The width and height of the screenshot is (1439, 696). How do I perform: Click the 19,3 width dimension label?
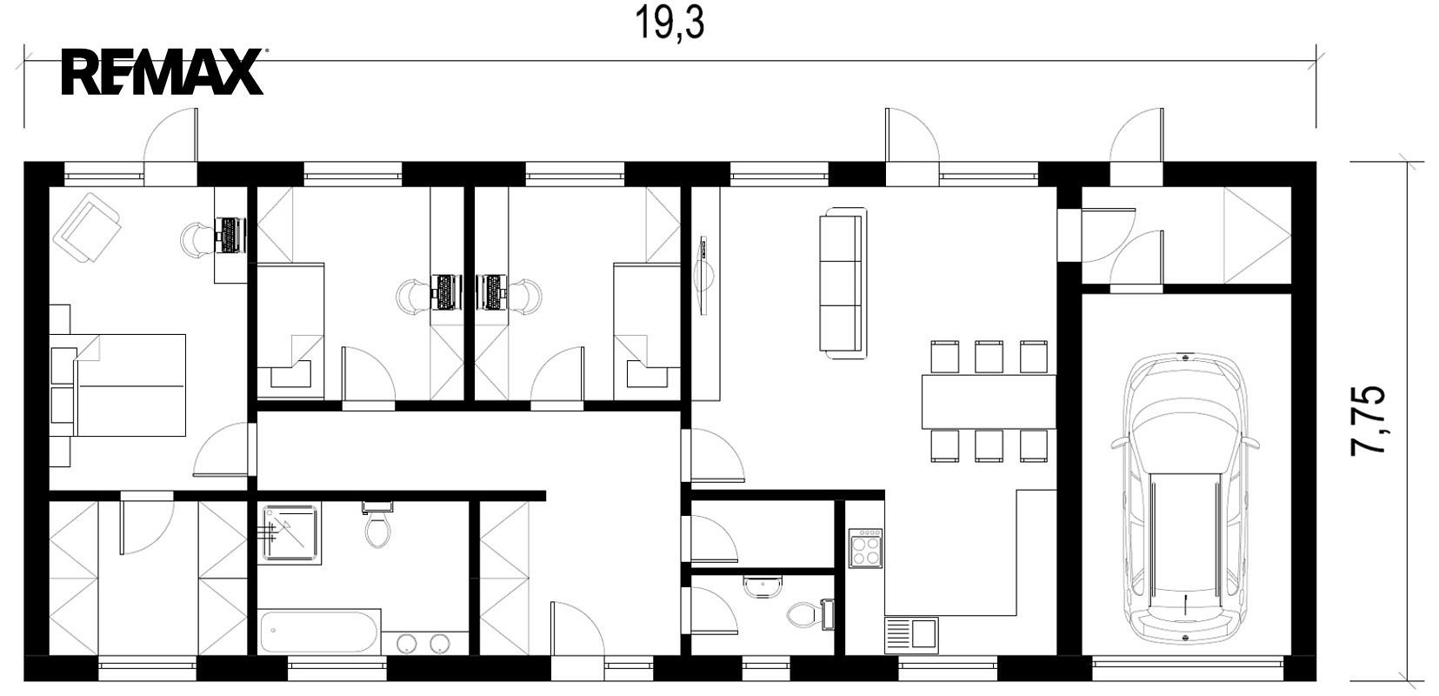click(x=670, y=23)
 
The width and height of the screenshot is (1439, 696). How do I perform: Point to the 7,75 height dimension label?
click(x=1369, y=421)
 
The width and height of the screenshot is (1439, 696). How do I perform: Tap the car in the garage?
click(x=1184, y=498)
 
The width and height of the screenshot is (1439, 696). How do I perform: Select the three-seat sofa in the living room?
click(x=843, y=283)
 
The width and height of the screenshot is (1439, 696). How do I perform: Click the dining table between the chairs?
click(x=989, y=402)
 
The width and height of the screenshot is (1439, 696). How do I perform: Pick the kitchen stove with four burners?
click(x=865, y=548)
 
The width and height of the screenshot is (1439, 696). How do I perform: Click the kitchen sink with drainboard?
click(x=911, y=635)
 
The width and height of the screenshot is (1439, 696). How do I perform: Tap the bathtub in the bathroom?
click(x=317, y=632)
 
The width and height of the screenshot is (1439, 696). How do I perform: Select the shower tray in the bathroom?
click(x=291, y=533)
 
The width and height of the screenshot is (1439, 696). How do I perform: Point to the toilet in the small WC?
click(x=810, y=614)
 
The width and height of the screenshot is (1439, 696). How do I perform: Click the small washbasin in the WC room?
click(x=763, y=586)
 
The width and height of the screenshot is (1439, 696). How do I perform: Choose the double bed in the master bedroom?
click(x=130, y=385)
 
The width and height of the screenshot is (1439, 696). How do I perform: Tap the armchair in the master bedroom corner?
click(x=88, y=228)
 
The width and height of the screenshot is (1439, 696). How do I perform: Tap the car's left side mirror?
click(x=1119, y=442)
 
